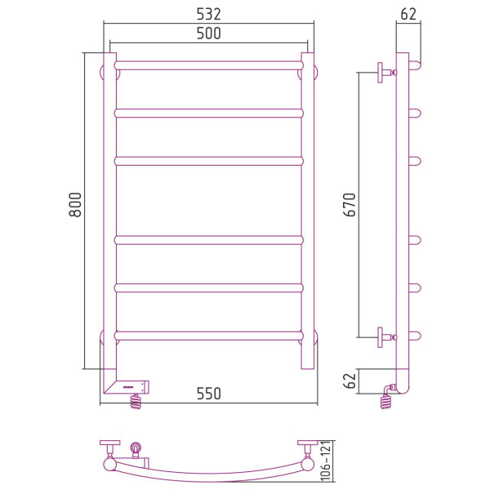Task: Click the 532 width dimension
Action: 208,14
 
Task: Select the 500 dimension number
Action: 208,33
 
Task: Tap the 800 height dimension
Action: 75,204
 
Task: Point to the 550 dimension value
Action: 208,394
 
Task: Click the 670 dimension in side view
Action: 350,205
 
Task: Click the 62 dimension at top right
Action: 408,14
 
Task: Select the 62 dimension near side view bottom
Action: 350,381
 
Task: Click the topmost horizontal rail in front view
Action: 209,65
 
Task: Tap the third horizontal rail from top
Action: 209,161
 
